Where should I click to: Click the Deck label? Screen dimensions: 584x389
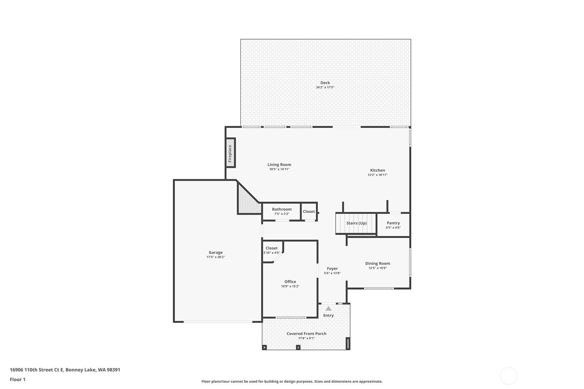click(325, 83)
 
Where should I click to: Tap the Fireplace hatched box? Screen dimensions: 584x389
click(230, 153)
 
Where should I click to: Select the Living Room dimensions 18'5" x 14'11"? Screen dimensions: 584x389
click(279, 169)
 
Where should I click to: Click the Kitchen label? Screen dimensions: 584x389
click(378, 170)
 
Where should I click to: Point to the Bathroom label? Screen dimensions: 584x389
click(282, 209)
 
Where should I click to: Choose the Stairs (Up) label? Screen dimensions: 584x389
click(357, 223)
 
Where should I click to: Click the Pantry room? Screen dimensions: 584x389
click(393, 225)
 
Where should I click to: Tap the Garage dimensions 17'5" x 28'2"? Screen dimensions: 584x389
click(216, 257)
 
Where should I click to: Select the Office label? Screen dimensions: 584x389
click(290, 282)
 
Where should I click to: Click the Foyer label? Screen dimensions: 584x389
click(332, 269)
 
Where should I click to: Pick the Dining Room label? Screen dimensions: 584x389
click(378, 263)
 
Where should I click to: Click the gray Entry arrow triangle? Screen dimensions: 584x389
click(328, 309)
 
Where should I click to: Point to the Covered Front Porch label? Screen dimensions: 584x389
click(306, 334)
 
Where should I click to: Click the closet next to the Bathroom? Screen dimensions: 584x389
click(309, 212)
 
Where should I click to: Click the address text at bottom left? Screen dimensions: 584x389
click(65, 370)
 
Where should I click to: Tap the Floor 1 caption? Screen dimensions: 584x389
click(18, 380)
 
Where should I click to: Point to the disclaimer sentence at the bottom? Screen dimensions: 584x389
click(292, 381)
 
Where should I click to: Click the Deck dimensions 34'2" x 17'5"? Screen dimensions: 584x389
click(325, 88)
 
